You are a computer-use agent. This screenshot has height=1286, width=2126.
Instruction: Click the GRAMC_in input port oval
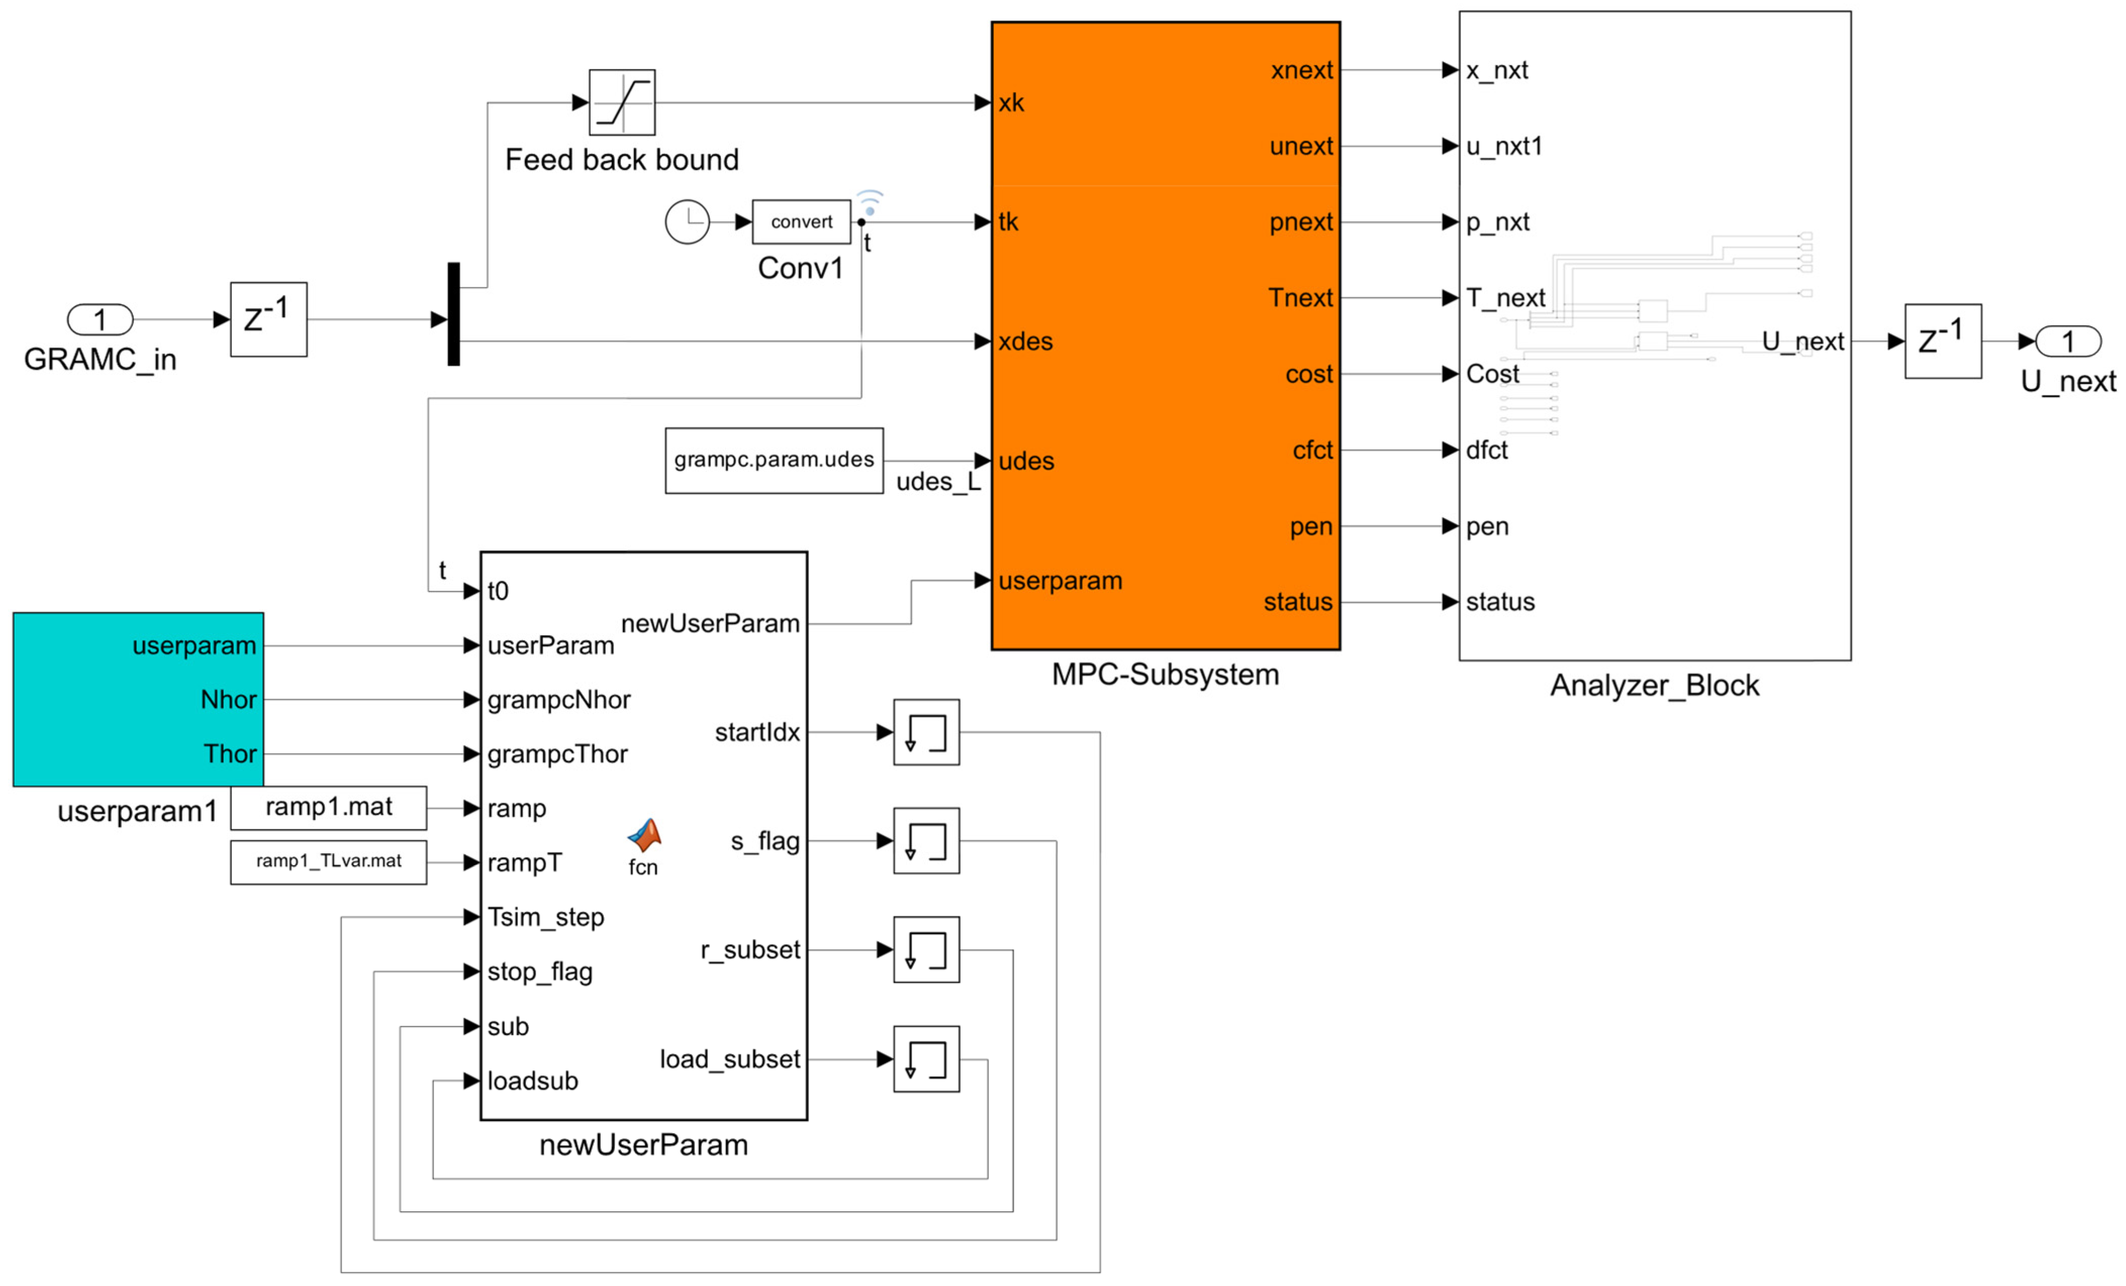pos(100,320)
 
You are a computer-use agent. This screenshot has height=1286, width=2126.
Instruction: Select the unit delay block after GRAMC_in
pos(268,319)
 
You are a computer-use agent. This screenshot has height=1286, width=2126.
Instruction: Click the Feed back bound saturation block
pos(621,103)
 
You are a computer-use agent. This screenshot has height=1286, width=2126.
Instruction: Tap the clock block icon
pos(687,222)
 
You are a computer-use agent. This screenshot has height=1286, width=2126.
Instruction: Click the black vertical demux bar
pos(454,314)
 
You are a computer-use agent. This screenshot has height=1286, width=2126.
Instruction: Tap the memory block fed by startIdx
pos(926,732)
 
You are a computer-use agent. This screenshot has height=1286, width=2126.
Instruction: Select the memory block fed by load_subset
pos(926,1059)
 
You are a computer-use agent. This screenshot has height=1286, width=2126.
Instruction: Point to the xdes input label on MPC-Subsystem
pos(1025,341)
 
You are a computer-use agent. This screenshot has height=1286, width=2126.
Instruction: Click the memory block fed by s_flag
pos(926,841)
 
